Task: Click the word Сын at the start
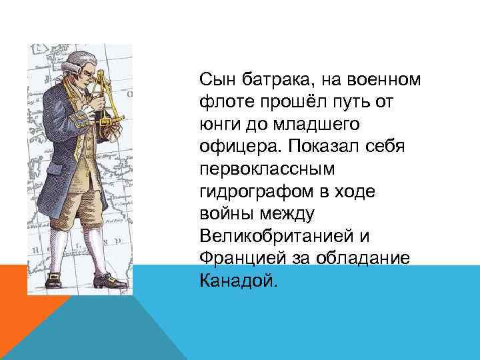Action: pos(215,81)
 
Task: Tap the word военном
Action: pos(383,81)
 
